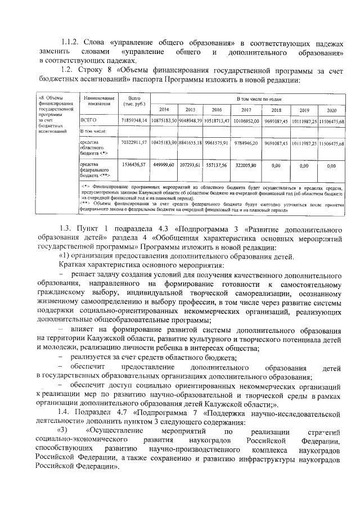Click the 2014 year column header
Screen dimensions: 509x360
coord(164,110)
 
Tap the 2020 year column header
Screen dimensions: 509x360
coord(331,110)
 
